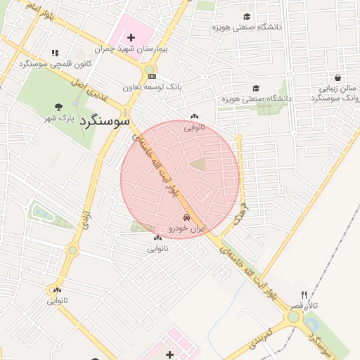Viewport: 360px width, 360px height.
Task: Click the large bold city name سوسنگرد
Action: (x=105, y=121)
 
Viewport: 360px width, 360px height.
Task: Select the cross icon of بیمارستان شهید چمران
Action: (x=131, y=37)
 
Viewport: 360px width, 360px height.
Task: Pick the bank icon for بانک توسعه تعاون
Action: (x=152, y=76)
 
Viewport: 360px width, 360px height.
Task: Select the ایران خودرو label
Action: (x=186, y=229)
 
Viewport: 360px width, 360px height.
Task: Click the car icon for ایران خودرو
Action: (x=186, y=218)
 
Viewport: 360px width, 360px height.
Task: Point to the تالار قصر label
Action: (x=305, y=306)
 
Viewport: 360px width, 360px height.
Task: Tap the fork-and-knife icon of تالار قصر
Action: (x=304, y=295)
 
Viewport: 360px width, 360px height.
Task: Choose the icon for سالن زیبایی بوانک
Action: (x=338, y=78)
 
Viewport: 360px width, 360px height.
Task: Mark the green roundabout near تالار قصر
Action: (x=293, y=317)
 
